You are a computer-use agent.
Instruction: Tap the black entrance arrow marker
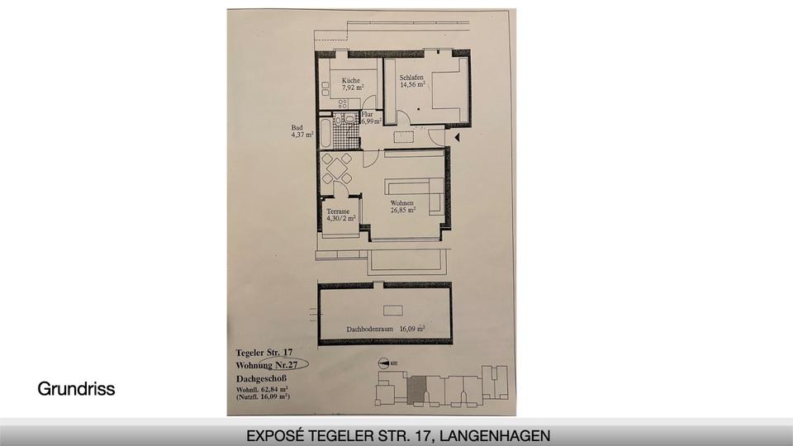(x=455, y=135)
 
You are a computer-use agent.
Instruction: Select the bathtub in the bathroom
(x=325, y=133)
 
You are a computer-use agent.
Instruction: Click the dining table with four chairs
(x=336, y=170)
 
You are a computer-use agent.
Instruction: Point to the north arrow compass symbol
(x=387, y=361)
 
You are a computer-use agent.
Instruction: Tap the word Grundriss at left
(x=76, y=389)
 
